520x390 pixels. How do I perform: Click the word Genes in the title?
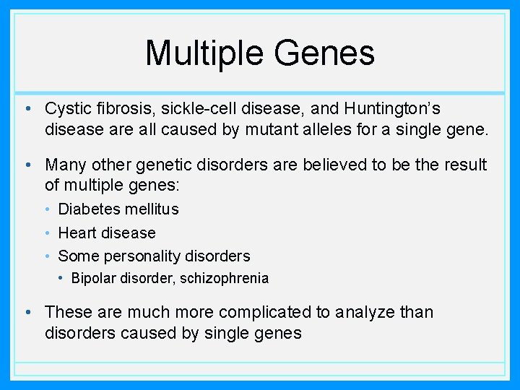(x=324, y=53)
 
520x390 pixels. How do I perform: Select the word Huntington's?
(x=392, y=110)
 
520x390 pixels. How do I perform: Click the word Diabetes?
(x=89, y=209)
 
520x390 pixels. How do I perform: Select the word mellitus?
(x=152, y=209)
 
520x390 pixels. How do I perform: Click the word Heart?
(x=77, y=233)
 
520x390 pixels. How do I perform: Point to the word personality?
(x=142, y=256)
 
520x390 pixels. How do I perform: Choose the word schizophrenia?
(x=224, y=279)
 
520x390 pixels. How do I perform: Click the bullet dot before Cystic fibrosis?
(x=28, y=108)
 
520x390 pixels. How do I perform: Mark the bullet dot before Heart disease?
(x=48, y=233)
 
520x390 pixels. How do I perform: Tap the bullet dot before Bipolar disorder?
(x=61, y=278)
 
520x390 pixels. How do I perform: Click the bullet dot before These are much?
(x=28, y=312)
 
